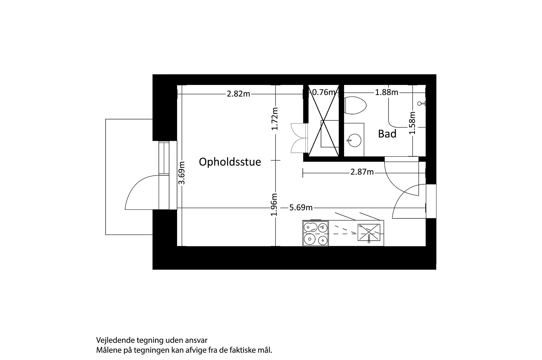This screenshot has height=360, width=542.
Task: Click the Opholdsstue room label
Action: pyautogui.click(x=230, y=162)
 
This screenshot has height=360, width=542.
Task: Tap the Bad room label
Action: pyautogui.click(x=387, y=134)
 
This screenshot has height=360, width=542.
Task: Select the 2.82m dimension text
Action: pyautogui.click(x=238, y=94)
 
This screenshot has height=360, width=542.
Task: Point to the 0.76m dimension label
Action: pyautogui.click(x=324, y=92)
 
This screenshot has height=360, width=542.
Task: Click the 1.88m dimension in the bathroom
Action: pyautogui.click(x=386, y=92)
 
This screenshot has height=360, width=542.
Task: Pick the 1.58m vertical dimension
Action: pyautogui.click(x=412, y=123)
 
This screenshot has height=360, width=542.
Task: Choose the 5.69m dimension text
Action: pyautogui.click(x=301, y=208)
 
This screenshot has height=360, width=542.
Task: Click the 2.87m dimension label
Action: pyautogui.click(x=362, y=172)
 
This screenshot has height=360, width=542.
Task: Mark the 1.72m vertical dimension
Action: pyautogui.click(x=275, y=119)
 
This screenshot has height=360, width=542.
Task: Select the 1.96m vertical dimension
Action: pyautogui.click(x=274, y=205)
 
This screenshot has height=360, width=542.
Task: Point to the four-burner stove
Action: pyautogui.click(x=315, y=233)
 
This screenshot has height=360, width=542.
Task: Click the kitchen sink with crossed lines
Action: pyautogui.click(x=369, y=233)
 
